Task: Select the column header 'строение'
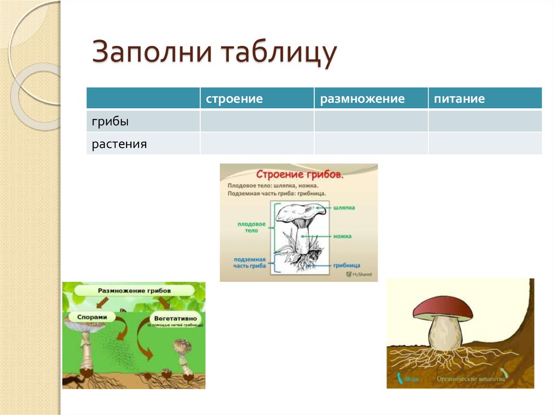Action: [x=234, y=99]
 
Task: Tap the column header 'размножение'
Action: [x=362, y=99]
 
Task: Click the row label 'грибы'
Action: [x=110, y=122]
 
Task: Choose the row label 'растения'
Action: [x=119, y=144]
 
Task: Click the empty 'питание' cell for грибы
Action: [x=485, y=122]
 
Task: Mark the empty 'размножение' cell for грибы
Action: [x=371, y=122]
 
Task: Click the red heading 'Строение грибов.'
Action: [x=299, y=175]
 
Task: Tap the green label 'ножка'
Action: [x=342, y=236]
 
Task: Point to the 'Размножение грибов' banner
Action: [x=134, y=291]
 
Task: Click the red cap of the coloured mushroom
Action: [x=442, y=308]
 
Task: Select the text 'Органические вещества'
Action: [x=471, y=379]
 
